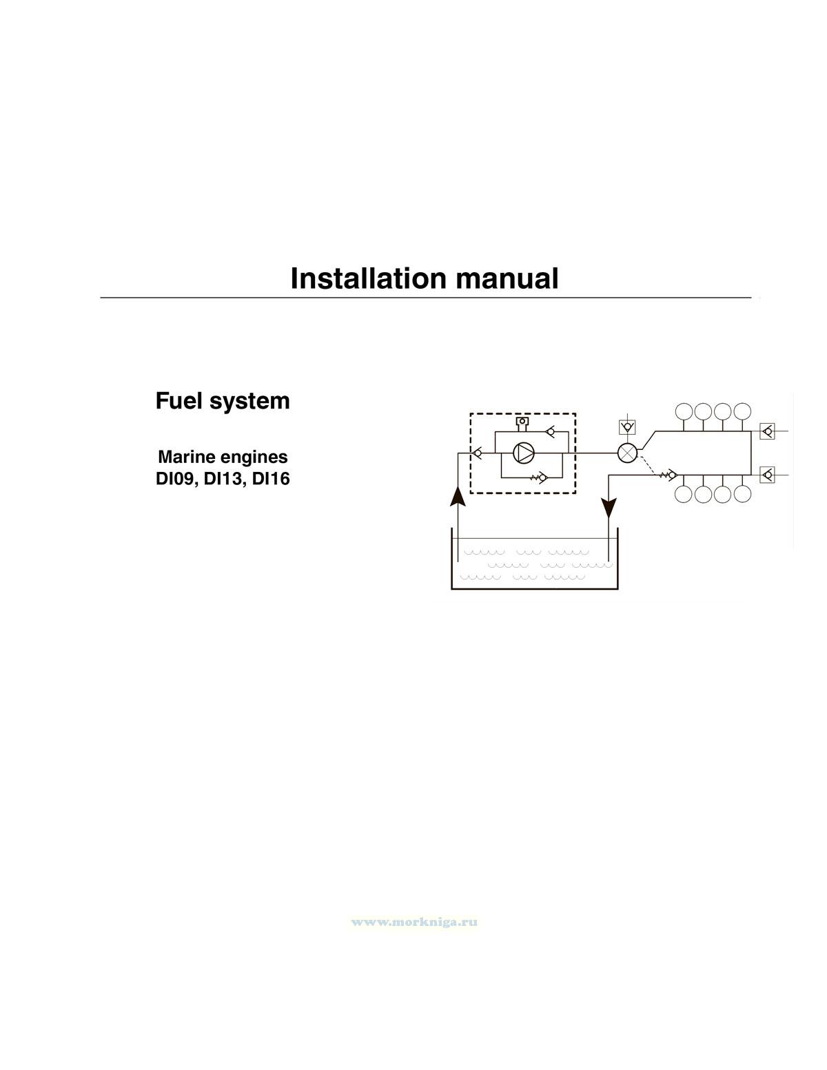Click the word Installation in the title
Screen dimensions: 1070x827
coord(369,278)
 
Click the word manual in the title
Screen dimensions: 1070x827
coord(507,278)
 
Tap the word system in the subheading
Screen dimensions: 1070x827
coord(252,401)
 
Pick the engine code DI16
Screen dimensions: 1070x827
coord(271,479)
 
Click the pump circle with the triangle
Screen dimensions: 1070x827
coord(524,453)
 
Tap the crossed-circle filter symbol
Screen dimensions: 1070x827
coord(627,453)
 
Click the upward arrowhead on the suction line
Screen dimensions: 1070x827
coord(458,495)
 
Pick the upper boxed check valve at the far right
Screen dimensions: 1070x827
coord(766,432)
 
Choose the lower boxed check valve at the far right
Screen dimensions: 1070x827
coord(766,474)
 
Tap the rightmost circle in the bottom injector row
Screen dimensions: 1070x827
coord(742,494)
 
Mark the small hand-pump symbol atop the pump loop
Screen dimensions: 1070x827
coord(522,422)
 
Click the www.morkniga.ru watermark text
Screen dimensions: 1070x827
coord(414,922)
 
